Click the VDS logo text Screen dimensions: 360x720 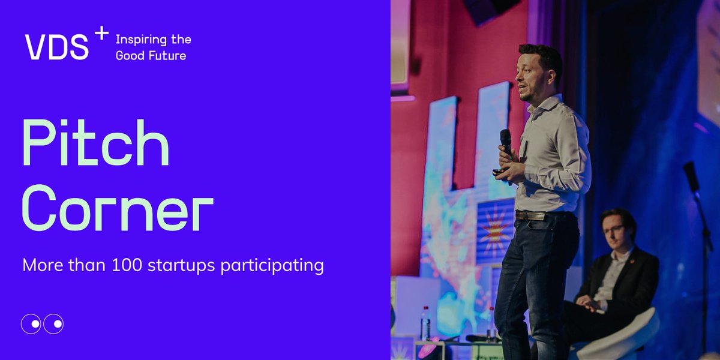tap(56, 47)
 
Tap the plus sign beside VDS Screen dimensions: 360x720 tap(101, 34)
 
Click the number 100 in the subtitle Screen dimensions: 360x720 tap(127, 265)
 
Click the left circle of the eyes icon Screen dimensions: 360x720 tap(32, 324)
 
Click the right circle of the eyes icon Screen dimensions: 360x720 tap(53, 324)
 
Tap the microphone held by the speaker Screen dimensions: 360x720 tap(506, 141)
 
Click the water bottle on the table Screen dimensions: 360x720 tap(425, 324)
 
